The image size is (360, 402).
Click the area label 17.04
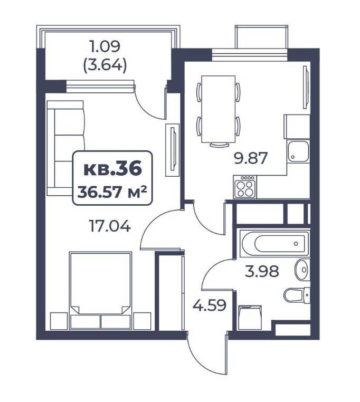(x=110, y=226)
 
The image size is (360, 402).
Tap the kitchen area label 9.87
(x=250, y=158)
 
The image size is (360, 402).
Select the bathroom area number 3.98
(x=262, y=272)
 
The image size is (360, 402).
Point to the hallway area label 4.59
(x=210, y=305)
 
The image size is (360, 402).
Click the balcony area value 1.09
(x=105, y=46)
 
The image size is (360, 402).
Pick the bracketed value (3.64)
(x=105, y=65)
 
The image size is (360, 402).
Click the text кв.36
(x=112, y=169)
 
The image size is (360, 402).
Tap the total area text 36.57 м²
(x=112, y=192)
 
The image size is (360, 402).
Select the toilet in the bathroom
(x=297, y=295)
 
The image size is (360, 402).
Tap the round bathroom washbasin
(x=302, y=270)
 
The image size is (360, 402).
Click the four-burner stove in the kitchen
(x=244, y=187)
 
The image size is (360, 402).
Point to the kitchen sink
(x=298, y=151)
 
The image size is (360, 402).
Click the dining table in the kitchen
(x=219, y=109)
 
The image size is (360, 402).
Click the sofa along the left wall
(x=65, y=148)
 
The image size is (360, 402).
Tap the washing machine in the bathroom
(x=250, y=318)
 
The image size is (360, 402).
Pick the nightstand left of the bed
(x=59, y=321)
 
